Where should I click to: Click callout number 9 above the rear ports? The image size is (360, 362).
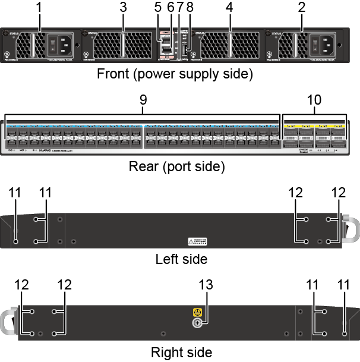tap(143, 100)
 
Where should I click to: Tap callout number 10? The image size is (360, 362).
tap(314, 100)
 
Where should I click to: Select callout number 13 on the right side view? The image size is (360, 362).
tap(206, 285)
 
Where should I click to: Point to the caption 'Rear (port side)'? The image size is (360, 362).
tap(176, 166)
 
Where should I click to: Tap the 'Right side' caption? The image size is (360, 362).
tap(181, 352)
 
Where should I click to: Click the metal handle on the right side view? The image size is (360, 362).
tap(10, 322)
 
